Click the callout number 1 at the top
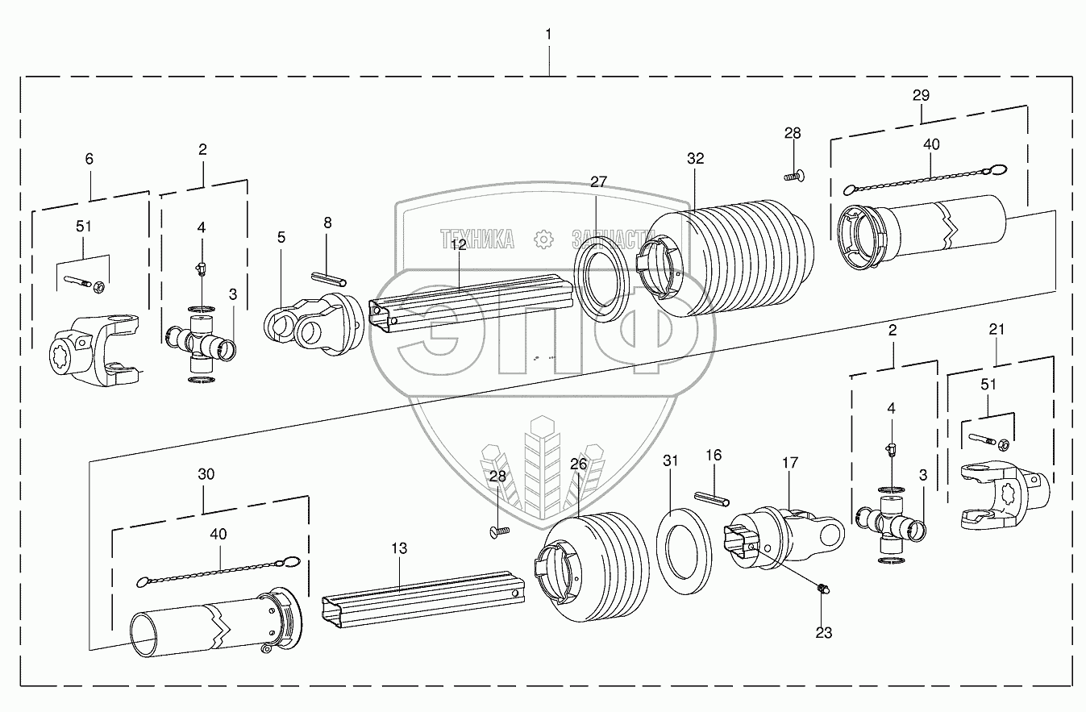(x=548, y=34)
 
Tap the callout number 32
(x=695, y=159)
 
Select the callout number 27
(x=597, y=181)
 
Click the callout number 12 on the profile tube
(x=459, y=244)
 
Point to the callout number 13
(x=399, y=548)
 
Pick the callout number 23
(x=823, y=633)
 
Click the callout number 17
(x=789, y=463)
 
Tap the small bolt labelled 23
(x=823, y=590)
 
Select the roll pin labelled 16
(x=712, y=498)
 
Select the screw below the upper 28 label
(x=795, y=174)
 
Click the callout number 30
(x=206, y=474)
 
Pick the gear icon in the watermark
(x=543, y=238)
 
